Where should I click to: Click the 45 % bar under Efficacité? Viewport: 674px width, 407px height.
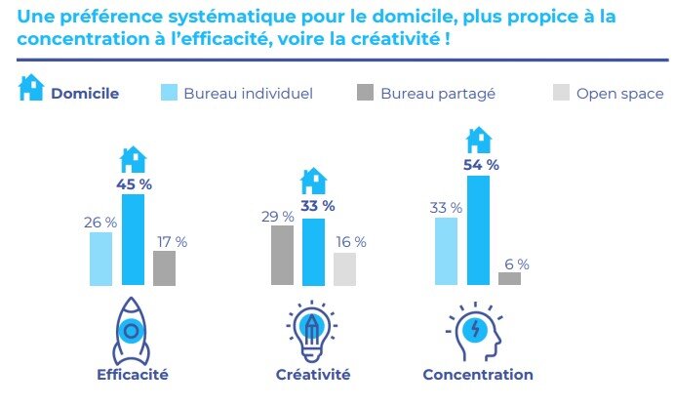pyautogui.click(x=133, y=240)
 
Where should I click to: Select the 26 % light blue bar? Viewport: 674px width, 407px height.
pyautogui.click(x=100, y=259)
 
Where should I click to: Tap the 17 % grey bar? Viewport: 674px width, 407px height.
pyautogui.click(x=165, y=267)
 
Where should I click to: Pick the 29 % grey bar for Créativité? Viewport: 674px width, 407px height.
pyautogui.click(x=282, y=256)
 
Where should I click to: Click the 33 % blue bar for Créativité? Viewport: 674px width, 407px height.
pyautogui.click(x=313, y=252)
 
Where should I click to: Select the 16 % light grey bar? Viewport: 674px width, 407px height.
pyautogui.click(x=345, y=268)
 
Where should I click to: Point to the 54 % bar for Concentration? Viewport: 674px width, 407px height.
pyautogui.click(x=478, y=230)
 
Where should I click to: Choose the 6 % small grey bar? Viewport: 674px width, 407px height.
pyautogui.click(x=509, y=278)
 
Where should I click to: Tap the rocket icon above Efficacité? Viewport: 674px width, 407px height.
pyautogui.click(x=132, y=330)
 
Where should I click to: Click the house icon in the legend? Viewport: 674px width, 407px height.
pyautogui.click(x=32, y=90)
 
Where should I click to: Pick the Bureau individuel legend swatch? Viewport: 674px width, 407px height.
pyautogui.click(x=168, y=93)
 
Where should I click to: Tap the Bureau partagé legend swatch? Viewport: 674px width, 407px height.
pyautogui.click(x=365, y=93)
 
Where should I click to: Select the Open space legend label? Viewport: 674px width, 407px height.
pyautogui.click(x=619, y=94)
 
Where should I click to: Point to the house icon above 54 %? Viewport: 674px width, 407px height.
pyautogui.click(x=478, y=139)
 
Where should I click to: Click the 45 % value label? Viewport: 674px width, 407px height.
pyautogui.click(x=133, y=183)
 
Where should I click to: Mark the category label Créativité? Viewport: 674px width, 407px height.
pyautogui.click(x=313, y=375)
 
